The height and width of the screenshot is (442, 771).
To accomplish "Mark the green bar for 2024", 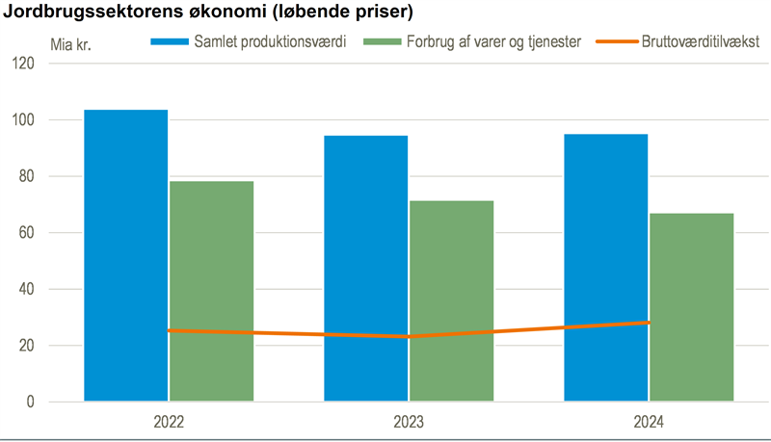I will click(x=691, y=307).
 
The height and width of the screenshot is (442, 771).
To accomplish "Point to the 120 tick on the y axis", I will click(x=50, y=64).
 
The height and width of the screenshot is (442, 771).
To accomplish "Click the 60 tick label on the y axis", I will click(x=53, y=233).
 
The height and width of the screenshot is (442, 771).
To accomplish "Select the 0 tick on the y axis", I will click(x=58, y=402).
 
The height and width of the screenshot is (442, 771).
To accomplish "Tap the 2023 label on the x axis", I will click(x=409, y=422).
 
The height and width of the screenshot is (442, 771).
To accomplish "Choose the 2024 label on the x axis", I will click(x=649, y=422).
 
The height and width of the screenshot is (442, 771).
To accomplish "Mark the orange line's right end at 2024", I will click(x=648, y=323).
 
